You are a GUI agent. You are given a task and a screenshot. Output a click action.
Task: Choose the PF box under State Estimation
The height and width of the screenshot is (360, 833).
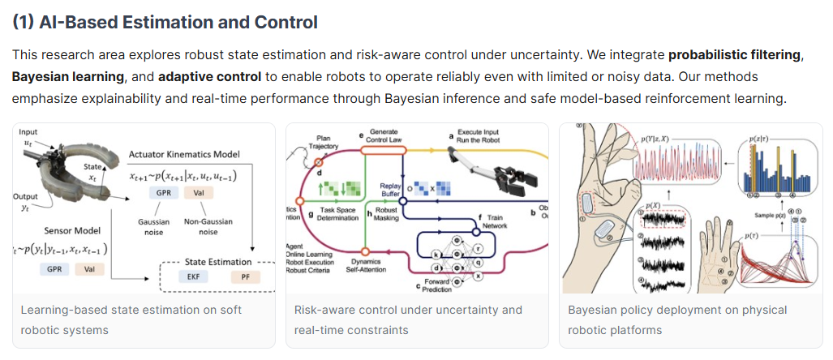244,276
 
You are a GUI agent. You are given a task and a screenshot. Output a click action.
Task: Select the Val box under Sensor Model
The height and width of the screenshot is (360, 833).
85,268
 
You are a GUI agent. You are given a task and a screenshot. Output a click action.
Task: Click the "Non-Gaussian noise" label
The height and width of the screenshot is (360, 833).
208,226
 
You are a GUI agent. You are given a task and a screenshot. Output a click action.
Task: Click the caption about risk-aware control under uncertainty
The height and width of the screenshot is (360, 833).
407,319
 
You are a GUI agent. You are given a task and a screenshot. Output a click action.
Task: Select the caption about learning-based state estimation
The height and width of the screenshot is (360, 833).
131,319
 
